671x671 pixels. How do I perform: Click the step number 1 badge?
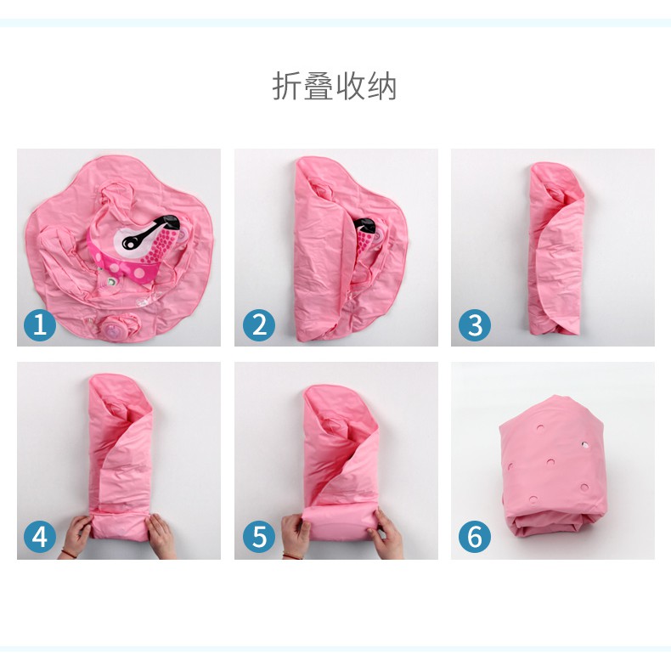coord(40,324)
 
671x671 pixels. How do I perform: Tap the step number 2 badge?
coord(259,324)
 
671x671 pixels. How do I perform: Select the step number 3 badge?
coord(475,324)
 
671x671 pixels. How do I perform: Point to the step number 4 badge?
coord(40,537)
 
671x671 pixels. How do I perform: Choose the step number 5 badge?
coord(259,537)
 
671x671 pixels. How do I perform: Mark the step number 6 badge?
coord(475,537)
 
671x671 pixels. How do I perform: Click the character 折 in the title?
coord(287,87)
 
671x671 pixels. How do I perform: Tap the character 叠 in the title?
coord(319,87)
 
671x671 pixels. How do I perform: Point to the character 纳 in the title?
coord(382,87)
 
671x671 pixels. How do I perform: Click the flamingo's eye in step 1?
coord(129,243)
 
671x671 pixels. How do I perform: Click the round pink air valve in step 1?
coord(115,330)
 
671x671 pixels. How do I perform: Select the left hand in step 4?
coord(76,536)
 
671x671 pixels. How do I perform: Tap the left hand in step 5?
coord(296,536)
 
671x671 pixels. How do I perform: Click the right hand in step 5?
coord(389,533)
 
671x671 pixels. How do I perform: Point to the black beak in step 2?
coord(366,225)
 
